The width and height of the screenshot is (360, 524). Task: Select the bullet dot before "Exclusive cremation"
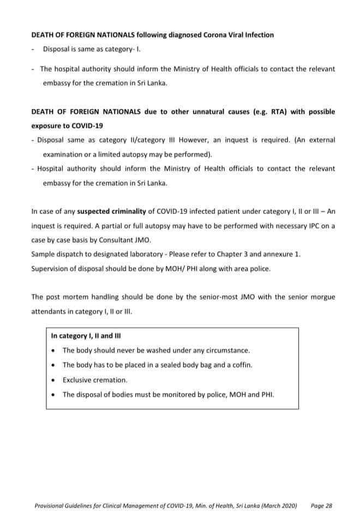(x=52, y=379)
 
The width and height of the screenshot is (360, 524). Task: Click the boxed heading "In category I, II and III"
(x=86, y=336)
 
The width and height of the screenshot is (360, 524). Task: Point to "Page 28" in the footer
(x=321, y=505)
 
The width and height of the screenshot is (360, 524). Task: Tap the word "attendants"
(x=50, y=311)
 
